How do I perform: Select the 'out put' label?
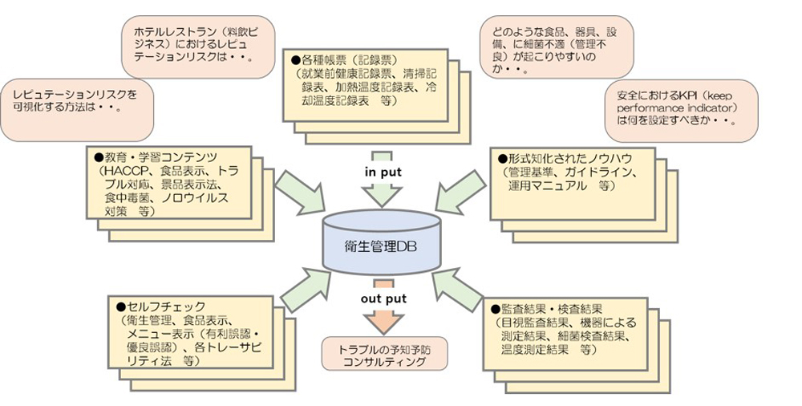pyautogui.click(x=383, y=298)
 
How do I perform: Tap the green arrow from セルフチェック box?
pyautogui.click(x=297, y=288)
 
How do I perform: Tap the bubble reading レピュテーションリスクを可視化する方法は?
pyautogui.click(x=78, y=101)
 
